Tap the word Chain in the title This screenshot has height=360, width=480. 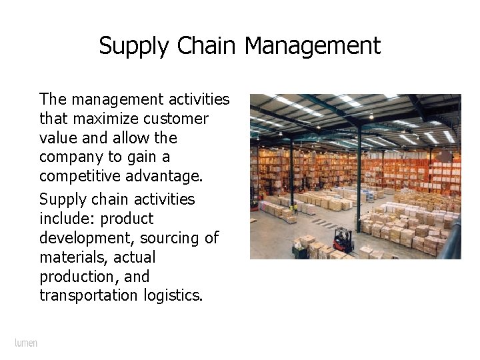coord(207,46)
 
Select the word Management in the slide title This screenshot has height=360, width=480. coord(313,47)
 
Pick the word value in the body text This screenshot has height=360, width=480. coord(58,138)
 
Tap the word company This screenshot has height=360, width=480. coord(69,157)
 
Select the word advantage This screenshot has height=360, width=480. coord(166,176)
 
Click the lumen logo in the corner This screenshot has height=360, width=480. coord(26,343)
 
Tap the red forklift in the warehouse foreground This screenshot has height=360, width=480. coord(342,239)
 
